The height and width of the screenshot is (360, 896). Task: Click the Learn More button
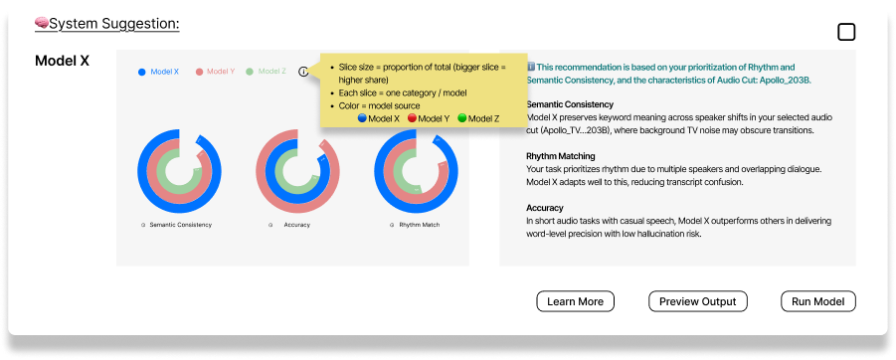coord(575,301)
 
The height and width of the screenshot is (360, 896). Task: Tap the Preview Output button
coord(698,301)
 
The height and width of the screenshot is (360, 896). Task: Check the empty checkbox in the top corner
coord(846,33)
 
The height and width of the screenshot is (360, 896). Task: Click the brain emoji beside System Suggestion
coord(41,24)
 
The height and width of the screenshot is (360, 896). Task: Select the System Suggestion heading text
coord(114,24)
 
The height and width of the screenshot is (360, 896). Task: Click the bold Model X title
coord(63,61)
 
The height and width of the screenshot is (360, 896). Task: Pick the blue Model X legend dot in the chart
coord(142,72)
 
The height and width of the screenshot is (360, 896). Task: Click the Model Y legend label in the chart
coord(221,72)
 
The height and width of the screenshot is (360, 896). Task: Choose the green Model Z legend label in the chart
coord(272,72)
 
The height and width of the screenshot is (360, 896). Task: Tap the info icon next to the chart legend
coord(303,72)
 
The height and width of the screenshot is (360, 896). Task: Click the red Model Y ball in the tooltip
coord(412,118)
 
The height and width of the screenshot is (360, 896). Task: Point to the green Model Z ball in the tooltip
coord(462,118)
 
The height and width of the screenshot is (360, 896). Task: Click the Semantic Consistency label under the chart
coord(181,225)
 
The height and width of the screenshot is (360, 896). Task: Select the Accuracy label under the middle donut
coord(297,225)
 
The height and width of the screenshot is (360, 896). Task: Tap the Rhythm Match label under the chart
coord(420,225)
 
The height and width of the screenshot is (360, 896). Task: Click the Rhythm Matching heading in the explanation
coord(561,156)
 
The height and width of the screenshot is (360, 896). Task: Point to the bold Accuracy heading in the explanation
coord(545,208)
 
